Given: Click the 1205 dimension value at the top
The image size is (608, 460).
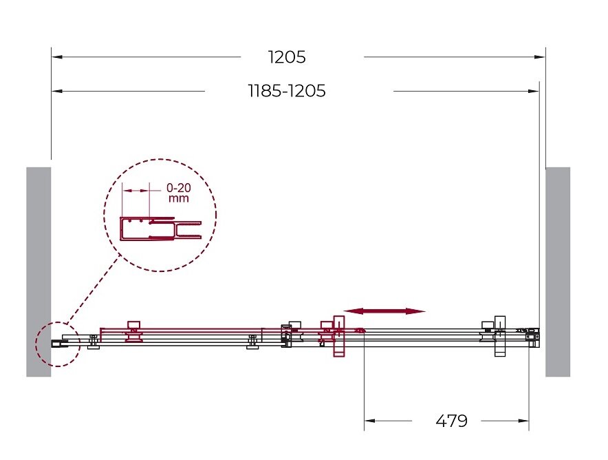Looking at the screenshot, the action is point(287,57).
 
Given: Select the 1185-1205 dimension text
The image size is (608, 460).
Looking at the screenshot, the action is point(287,91).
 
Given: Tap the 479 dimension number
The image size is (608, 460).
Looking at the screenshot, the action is point(451,421).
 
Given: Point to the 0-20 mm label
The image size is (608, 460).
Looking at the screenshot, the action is point(179,193).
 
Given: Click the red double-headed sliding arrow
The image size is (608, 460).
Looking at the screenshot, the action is point(384,311).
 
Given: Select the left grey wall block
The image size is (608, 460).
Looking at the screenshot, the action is point(39,272).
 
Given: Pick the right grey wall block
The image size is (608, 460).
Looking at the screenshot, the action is point(558,272).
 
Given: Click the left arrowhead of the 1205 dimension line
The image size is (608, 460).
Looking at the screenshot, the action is point(57,57).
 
